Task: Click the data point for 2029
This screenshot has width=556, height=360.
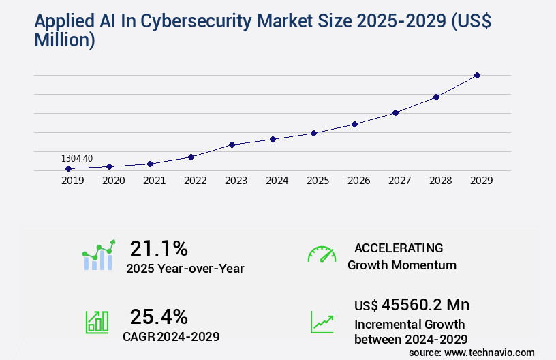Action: [x=477, y=75]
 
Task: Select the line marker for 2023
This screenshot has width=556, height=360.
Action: [x=232, y=145]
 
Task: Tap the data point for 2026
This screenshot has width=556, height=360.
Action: [x=354, y=124]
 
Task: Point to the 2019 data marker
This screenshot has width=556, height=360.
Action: [x=68, y=168]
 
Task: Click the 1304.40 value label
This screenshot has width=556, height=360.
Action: [x=76, y=158]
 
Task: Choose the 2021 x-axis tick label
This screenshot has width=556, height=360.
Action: [x=154, y=181]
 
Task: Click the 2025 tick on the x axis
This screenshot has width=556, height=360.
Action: [x=318, y=181]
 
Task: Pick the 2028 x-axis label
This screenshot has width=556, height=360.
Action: [x=440, y=181]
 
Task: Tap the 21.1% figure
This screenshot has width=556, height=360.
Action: [x=159, y=248]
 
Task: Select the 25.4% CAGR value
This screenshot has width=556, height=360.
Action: [x=159, y=316]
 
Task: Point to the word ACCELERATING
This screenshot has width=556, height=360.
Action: [x=399, y=248]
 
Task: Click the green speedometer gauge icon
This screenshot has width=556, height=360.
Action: [x=322, y=254]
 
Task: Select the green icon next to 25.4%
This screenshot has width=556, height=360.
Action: [x=97, y=322]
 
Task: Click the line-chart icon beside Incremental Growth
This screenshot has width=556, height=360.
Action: [x=322, y=322]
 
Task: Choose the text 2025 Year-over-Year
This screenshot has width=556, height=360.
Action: [x=185, y=269]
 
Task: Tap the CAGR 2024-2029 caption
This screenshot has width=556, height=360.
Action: [x=171, y=336]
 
